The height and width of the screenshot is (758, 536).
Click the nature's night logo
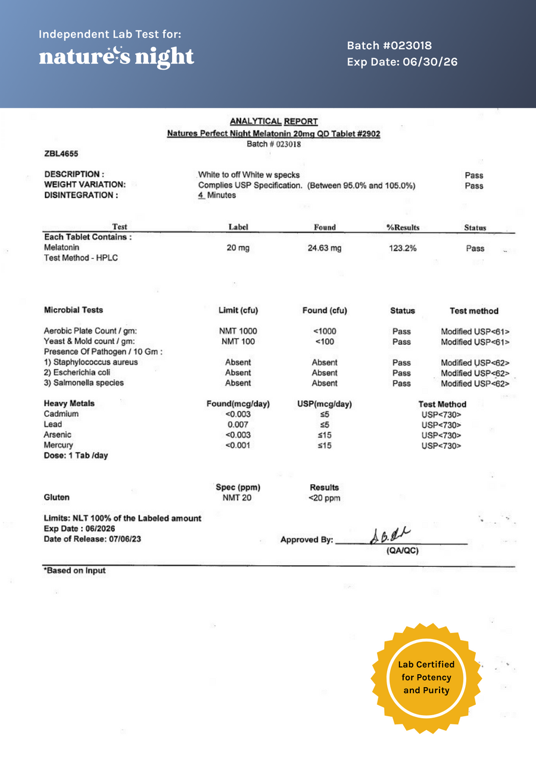coord(117,57)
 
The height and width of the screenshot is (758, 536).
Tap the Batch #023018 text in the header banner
coord(389,46)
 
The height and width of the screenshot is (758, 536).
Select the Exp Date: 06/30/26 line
coord(402,62)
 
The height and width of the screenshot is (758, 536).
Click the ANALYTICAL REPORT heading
coord(273,121)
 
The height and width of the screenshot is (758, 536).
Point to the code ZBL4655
coord(61,154)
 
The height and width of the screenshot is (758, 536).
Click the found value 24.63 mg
coord(325,248)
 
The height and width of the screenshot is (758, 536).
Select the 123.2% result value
coord(402,248)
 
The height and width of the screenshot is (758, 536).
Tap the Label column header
coord(238,227)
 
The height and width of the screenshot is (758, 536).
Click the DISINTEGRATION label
coord(81,195)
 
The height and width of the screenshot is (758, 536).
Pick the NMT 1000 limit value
coord(238,331)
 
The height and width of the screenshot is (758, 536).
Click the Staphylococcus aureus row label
coord(91,362)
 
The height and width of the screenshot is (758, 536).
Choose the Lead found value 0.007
coord(238,425)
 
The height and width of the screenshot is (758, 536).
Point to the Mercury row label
coord(58,445)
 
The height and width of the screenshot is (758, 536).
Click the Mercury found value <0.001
coord(238,445)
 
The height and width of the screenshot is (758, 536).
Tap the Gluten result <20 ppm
coord(325,498)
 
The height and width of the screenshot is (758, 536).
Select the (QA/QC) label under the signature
coord(403,551)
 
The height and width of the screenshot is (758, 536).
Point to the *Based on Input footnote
coord(74,570)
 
